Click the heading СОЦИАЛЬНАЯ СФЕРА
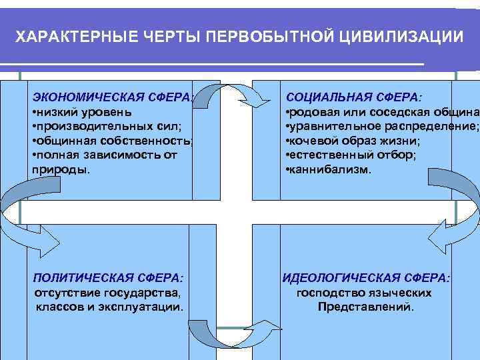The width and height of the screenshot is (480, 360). (354, 97)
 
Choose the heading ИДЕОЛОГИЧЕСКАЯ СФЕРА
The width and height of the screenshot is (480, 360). (366, 277)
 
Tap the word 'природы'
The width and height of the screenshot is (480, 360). (60, 170)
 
